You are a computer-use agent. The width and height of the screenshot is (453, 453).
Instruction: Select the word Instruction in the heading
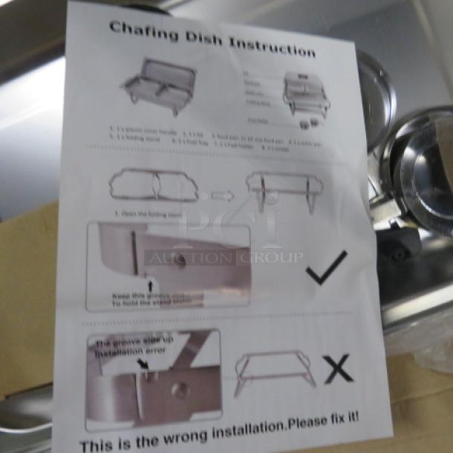click(273, 47)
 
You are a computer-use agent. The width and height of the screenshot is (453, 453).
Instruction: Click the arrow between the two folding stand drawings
click(221, 196)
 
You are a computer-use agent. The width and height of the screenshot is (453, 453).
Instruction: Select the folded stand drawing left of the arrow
click(154, 186)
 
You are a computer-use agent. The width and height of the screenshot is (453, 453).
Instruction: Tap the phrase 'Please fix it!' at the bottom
click(325, 420)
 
